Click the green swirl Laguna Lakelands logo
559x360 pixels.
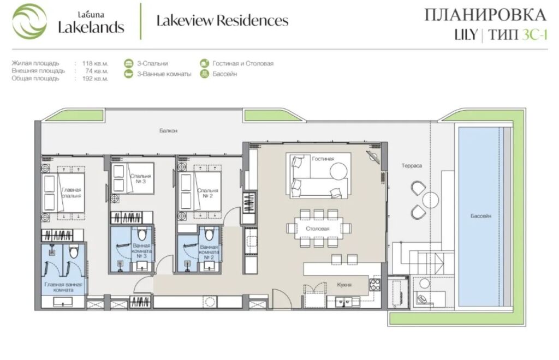pyautogui.click(x=29, y=21)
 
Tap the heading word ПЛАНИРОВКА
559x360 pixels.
pyautogui.click(x=485, y=15)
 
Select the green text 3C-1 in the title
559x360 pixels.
pyautogui.click(x=534, y=35)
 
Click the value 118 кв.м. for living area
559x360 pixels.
pyautogui.click(x=95, y=63)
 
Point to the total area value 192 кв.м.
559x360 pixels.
pyautogui.click(x=95, y=79)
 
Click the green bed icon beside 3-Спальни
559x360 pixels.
pyautogui.click(x=129, y=63)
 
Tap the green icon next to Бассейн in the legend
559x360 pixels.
pyautogui.click(x=204, y=74)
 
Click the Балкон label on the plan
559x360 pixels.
pyautogui.click(x=168, y=131)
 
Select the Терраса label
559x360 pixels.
pyautogui.click(x=412, y=166)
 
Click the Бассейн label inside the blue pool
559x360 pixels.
pyautogui.click(x=480, y=216)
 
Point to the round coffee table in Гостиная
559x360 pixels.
pyautogui.click(x=338, y=171)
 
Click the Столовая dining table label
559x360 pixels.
pyautogui.click(x=318, y=229)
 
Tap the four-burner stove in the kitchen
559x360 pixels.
pyautogui.click(x=374, y=285)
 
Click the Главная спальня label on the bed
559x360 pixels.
pyautogui.click(x=72, y=193)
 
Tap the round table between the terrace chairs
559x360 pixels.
pyautogui.click(x=430, y=200)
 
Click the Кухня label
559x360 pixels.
pyautogui.click(x=344, y=285)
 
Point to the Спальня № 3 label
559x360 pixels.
pyautogui.click(x=140, y=178)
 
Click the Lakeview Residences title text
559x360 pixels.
pyautogui.click(x=223, y=21)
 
